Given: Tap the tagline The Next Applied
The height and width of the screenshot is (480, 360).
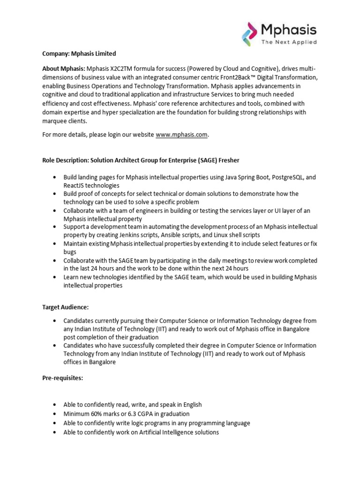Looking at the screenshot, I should click(289, 42).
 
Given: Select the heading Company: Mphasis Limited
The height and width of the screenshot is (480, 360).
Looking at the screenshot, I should click(79, 54).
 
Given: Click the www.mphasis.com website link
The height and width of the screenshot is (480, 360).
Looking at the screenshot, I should click(181, 135).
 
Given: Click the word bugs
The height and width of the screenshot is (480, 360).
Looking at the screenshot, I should click(70, 252).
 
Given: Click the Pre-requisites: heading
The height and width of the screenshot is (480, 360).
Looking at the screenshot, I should click(62, 378).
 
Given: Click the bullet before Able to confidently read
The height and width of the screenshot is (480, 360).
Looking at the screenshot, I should click(54, 405).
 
